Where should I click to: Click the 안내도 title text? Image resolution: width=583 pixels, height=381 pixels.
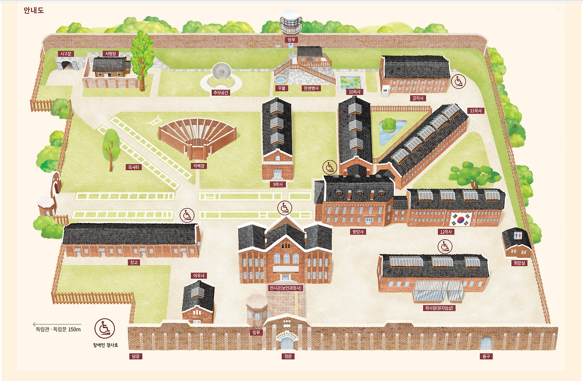(x=34, y=10)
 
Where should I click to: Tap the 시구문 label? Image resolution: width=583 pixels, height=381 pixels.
(x=66, y=54)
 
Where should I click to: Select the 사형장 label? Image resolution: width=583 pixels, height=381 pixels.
(x=111, y=54)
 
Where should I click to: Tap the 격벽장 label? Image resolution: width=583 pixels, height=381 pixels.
(x=198, y=166)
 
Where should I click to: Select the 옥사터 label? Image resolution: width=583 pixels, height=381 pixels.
(x=134, y=167)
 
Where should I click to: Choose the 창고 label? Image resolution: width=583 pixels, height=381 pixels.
(x=134, y=262)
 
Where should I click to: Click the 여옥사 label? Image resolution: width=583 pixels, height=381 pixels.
(x=199, y=275)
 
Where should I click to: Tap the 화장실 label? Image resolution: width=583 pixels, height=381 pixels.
(x=520, y=263)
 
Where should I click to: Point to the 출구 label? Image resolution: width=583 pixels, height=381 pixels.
(x=486, y=356)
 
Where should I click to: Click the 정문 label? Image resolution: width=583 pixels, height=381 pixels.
(x=288, y=356)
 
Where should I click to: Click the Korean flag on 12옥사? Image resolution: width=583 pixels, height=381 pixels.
(x=460, y=219)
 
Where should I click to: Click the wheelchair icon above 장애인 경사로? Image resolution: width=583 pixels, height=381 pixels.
(x=105, y=328)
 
